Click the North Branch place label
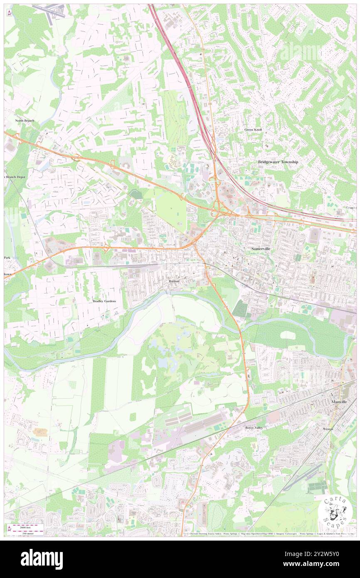(25, 121)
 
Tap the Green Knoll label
(253, 130)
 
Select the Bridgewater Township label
(278, 162)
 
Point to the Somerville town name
(261, 248)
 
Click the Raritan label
(174, 282)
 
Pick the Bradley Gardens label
(104, 300)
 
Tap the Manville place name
(339, 402)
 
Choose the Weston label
(328, 428)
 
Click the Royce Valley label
(254, 427)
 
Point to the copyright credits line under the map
(270, 534)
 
